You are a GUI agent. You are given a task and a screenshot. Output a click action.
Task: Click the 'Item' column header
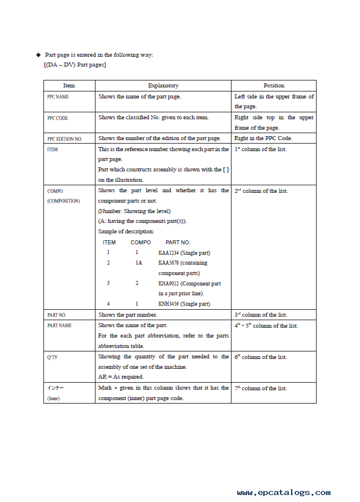click(69, 86)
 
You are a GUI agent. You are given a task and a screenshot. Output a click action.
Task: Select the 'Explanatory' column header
click(163, 86)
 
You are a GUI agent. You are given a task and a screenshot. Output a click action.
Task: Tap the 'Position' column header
click(274, 86)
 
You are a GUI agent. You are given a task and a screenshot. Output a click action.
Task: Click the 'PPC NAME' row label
click(58, 97)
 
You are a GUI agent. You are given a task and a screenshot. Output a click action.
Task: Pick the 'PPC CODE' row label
click(57, 118)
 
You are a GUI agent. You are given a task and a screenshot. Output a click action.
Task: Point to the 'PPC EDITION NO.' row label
click(64, 139)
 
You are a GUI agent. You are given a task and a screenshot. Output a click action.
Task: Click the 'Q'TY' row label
click(52, 357)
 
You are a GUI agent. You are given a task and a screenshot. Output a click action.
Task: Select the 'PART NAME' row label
click(60, 326)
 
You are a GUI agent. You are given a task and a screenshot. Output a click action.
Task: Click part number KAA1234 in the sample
click(169, 253)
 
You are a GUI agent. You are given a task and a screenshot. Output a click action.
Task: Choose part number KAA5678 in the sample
click(169, 263)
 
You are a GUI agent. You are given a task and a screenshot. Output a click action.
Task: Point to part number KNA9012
click(169, 284)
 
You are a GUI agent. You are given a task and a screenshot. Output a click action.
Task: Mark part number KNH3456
click(169, 304)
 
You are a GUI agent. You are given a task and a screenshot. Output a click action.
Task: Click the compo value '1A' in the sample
click(139, 263)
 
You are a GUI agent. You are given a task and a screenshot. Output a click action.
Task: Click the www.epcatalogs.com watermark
click(284, 493)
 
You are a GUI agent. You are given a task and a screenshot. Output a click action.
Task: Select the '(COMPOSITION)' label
click(64, 201)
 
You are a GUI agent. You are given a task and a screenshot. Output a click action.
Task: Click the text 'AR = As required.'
click(121, 377)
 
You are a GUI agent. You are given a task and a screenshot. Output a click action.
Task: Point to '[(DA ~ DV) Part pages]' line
click(75, 64)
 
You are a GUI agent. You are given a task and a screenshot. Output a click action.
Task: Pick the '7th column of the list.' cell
click(260, 389)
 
